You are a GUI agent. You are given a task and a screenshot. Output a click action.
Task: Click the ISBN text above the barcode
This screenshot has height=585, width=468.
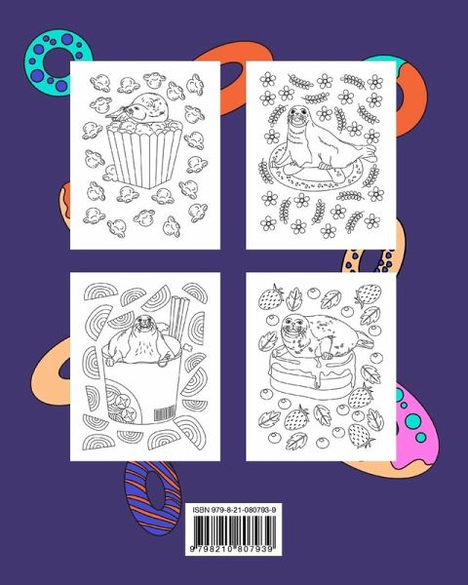(x=234, y=510)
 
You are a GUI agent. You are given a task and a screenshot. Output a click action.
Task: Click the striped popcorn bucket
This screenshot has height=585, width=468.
(x=144, y=154)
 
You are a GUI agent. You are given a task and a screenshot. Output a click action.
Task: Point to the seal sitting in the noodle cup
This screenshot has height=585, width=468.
(x=143, y=338)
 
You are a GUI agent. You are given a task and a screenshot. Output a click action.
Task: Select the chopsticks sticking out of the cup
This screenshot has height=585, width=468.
(x=179, y=314)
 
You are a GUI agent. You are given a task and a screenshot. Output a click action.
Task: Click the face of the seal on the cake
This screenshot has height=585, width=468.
(x=292, y=328)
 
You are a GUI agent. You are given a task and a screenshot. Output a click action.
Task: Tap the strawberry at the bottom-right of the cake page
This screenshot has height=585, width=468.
(x=361, y=435)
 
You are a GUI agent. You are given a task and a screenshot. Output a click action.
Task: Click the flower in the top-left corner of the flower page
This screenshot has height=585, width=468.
(x=267, y=79)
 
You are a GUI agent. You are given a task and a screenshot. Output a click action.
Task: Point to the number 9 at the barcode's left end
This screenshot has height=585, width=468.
(x=192, y=549)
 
